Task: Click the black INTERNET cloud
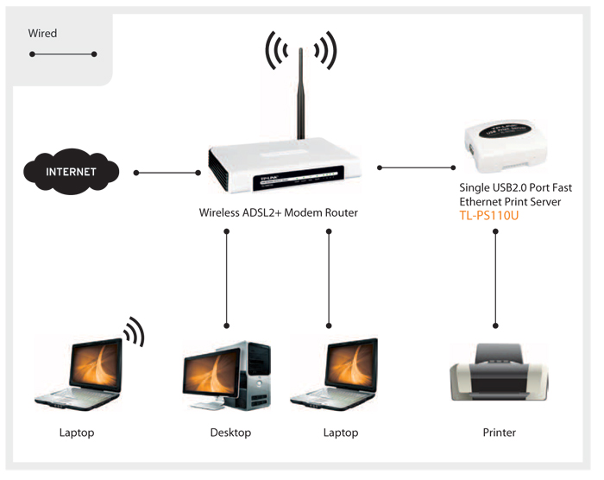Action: point(72,172)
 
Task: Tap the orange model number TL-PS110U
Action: point(489,215)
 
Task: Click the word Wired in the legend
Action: point(42,33)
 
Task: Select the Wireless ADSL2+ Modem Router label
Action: point(278,212)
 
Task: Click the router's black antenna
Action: point(301,93)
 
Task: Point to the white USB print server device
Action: point(506,146)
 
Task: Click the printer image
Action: point(499,373)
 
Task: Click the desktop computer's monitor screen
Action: point(211,373)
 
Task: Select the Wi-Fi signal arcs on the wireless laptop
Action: point(135,332)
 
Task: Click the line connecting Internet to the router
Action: point(167,173)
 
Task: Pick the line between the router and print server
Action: point(417,167)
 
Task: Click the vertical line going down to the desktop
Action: point(226,278)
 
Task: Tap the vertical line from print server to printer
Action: point(496,278)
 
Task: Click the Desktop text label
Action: point(230,433)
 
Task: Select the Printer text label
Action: point(500,433)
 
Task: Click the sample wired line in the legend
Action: point(63,54)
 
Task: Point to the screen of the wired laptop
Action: point(351,365)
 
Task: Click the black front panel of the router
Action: point(298,179)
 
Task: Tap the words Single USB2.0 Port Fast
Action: point(515,187)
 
